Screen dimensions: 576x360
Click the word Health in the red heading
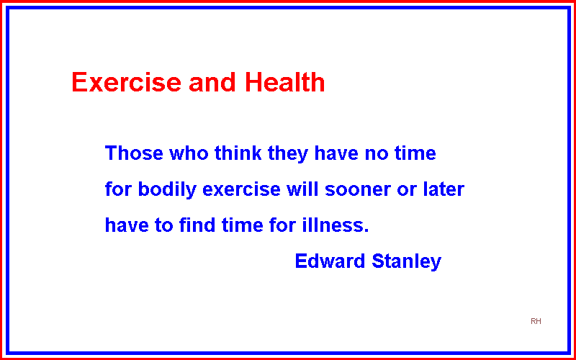[x=284, y=81]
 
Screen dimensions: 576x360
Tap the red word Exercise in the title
[x=127, y=81]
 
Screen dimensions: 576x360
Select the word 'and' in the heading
[x=212, y=81]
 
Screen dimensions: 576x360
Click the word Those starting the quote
[x=134, y=153]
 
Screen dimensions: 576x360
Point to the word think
[x=238, y=153]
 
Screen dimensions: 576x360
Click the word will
[x=303, y=189]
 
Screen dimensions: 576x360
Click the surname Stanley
[x=407, y=262]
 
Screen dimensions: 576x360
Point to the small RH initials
[x=536, y=321]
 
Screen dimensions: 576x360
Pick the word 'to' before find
[x=164, y=225]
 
